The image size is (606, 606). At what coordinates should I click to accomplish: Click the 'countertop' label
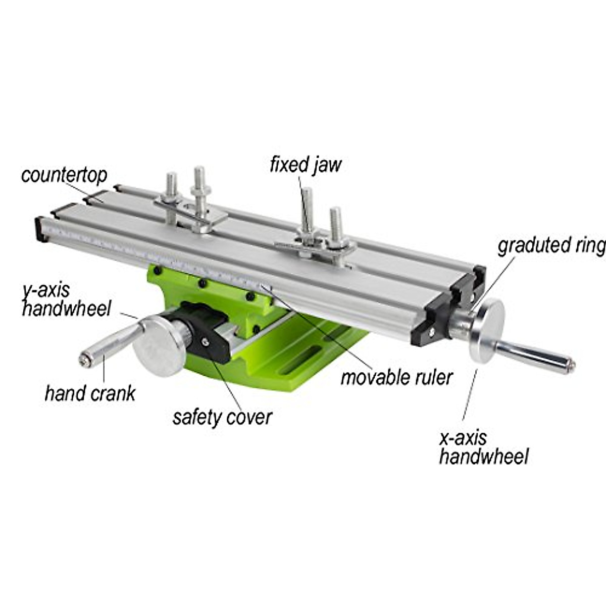pyautogui.click(x=64, y=175)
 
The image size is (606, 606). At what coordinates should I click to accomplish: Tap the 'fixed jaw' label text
pyautogui.click(x=306, y=165)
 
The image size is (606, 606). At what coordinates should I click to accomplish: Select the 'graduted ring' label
pyautogui.click(x=551, y=246)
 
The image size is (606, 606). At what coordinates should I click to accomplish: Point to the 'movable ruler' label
pyautogui.click(x=396, y=377)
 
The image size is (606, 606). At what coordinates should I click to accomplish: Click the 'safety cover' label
pyautogui.click(x=222, y=417)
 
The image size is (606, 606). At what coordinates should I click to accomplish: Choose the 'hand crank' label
pyautogui.click(x=90, y=393)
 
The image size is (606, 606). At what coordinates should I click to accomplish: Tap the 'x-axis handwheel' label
pyautogui.click(x=483, y=446)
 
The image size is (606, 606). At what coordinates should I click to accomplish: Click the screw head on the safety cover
pyautogui.click(x=205, y=342)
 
